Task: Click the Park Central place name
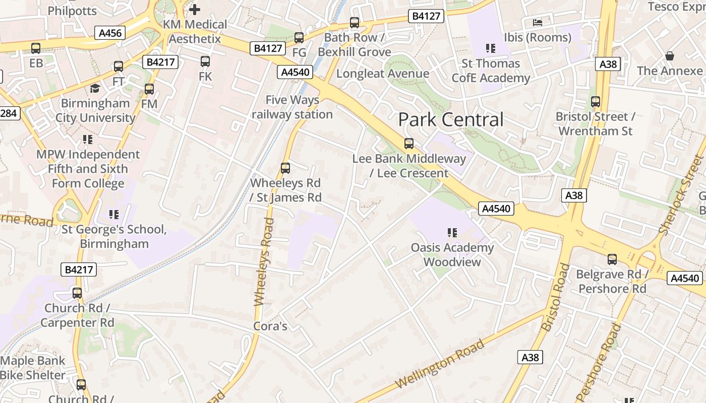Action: [x=451, y=120]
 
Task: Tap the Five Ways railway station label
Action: [x=292, y=107]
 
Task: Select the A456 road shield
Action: [x=110, y=33]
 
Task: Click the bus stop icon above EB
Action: [x=36, y=48]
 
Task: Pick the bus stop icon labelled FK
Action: [x=205, y=61]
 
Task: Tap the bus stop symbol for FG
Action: [x=299, y=38]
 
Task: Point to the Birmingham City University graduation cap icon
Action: [x=95, y=89]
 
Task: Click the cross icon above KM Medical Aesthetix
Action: [x=194, y=9]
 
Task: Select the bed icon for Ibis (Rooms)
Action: [x=538, y=23]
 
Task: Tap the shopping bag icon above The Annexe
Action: [x=670, y=56]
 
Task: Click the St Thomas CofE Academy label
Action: [x=491, y=71]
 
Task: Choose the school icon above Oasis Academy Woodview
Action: [x=452, y=233]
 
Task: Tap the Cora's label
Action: [x=270, y=326]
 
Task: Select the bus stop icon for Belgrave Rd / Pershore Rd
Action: [x=612, y=259]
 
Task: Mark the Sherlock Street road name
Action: [x=681, y=195]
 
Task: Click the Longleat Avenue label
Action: [x=383, y=74]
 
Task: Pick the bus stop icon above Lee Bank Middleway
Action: [x=409, y=144]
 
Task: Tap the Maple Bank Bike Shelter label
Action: [x=33, y=368]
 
